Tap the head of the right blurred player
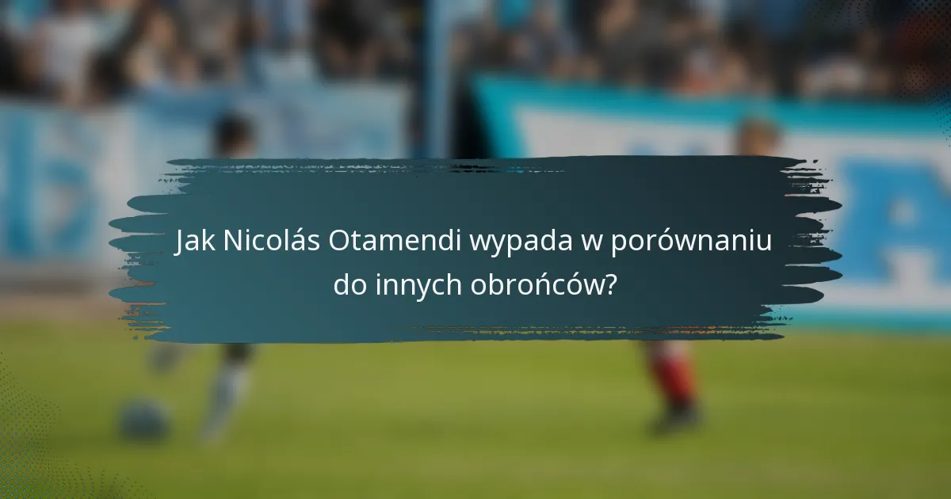757,136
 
